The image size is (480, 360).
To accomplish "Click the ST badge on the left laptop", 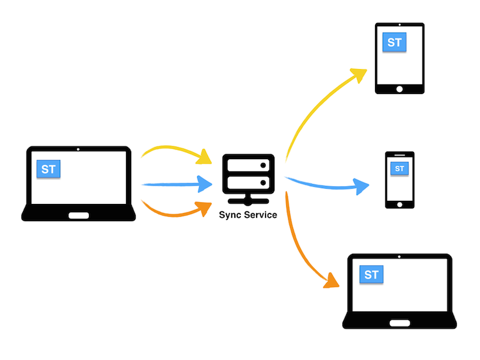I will pos(48,169).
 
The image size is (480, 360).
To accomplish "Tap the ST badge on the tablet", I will pos(394,43).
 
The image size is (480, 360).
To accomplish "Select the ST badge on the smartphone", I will pos(399,168).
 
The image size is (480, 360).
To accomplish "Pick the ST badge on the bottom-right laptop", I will pos(371,275).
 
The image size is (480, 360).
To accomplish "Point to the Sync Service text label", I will pos(248,215).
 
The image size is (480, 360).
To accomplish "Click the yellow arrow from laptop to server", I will pos(176,152).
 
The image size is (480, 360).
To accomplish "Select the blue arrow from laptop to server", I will pos(176,185).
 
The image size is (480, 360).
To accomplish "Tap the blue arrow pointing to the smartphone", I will pos(326,186).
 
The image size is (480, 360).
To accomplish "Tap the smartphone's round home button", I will pos(399,205).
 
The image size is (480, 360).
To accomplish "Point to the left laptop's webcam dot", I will pos(78,150).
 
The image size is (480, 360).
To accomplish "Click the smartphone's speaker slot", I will pos(399,156).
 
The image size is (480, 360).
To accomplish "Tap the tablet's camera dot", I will pos(400,26).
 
